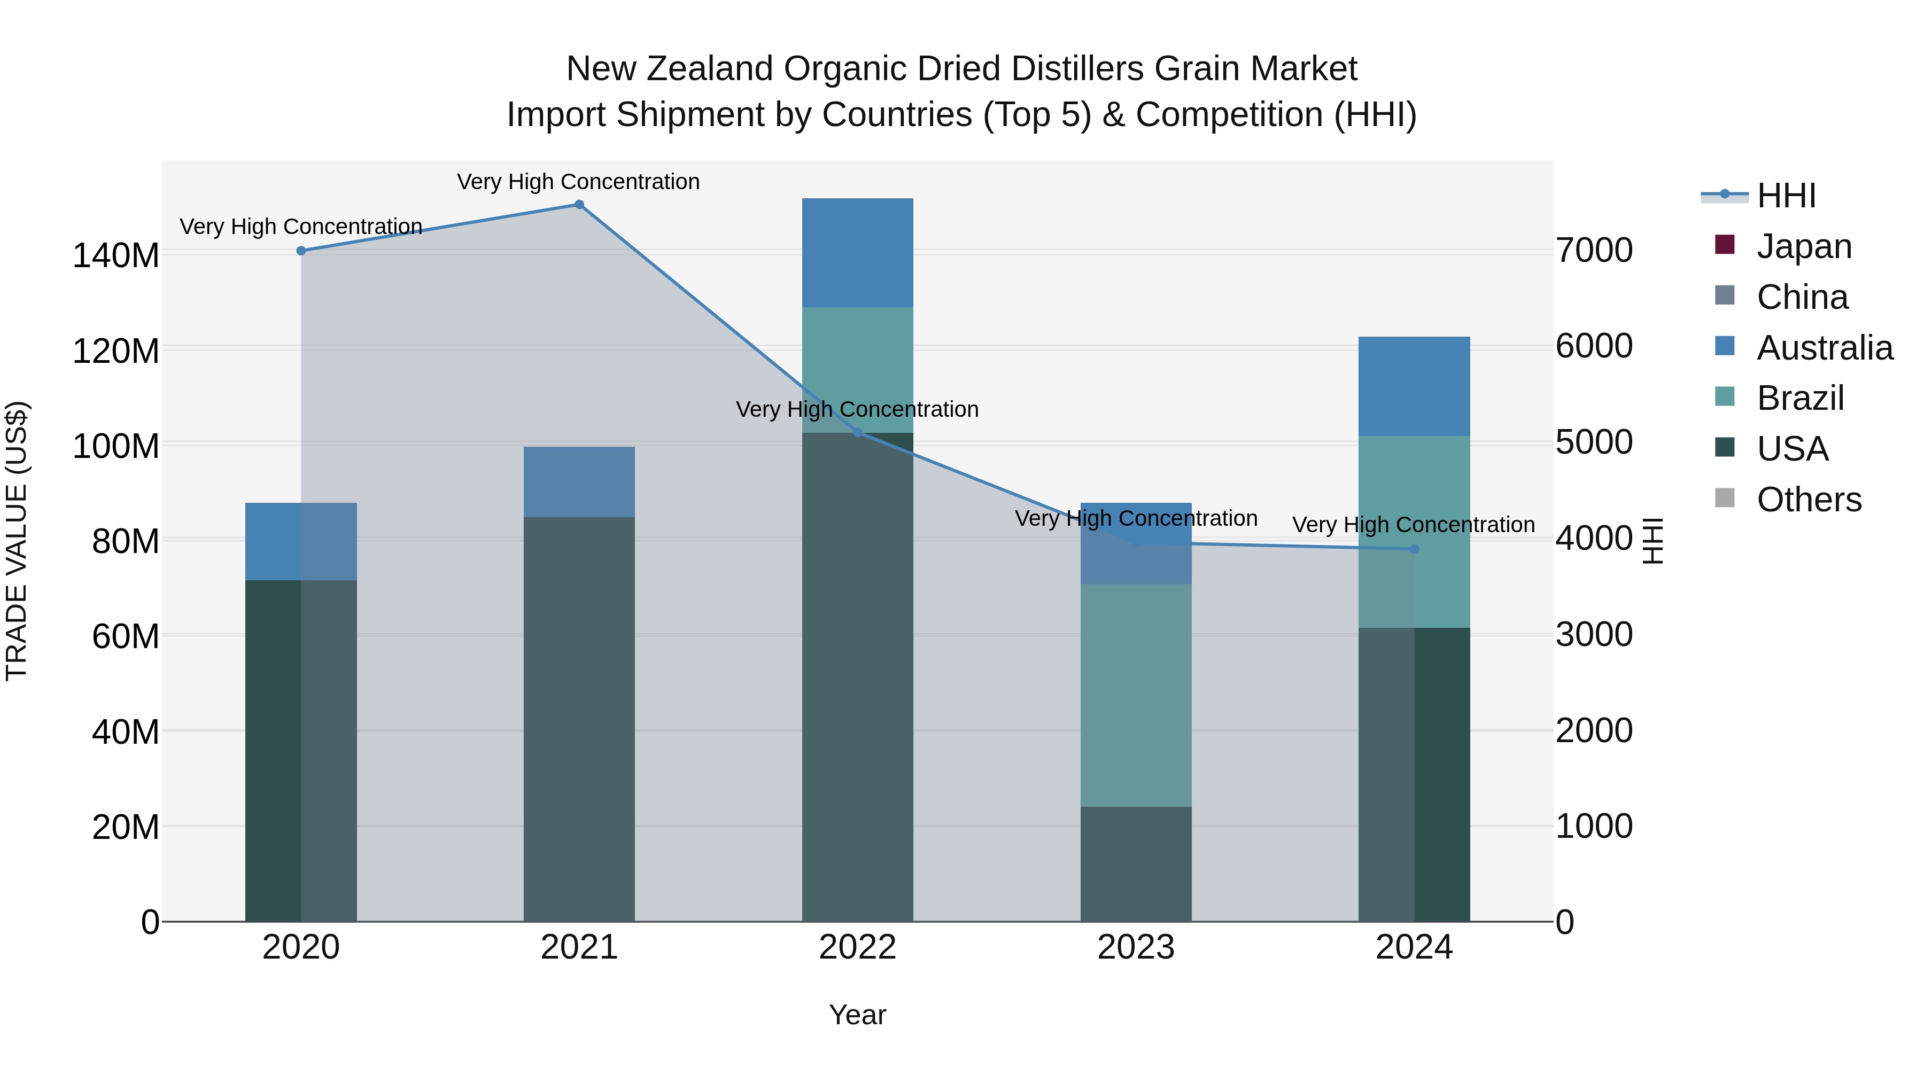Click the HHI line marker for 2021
click(579, 205)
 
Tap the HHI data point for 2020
click(301, 251)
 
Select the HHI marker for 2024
click(1414, 549)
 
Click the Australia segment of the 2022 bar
click(857, 252)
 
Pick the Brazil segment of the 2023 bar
click(1136, 695)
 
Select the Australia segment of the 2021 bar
click(579, 481)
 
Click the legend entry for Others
click(1808, 500)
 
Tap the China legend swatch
click(1725, 295)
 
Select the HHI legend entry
click(1786, 196)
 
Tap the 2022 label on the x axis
click(857, 947)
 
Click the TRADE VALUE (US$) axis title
click(17, 541)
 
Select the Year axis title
click(857, 1015)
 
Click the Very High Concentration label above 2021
click(578, 182)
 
